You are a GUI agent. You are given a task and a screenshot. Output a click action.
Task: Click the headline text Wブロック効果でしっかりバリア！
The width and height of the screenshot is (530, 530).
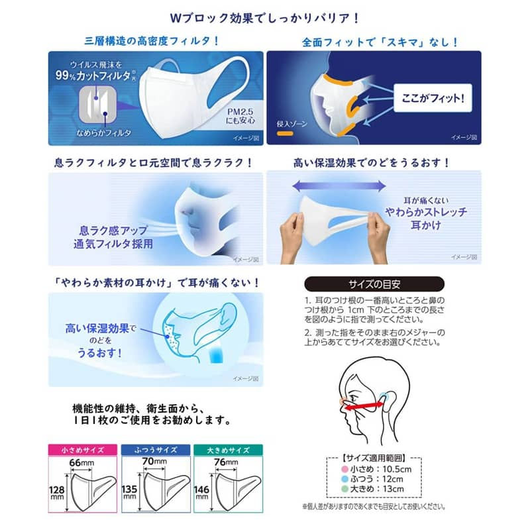click(264, 15)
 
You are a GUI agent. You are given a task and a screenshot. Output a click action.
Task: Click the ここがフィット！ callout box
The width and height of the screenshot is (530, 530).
click(429, 97)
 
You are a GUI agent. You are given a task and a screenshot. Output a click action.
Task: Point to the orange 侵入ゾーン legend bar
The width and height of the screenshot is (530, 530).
click(287, 136)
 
